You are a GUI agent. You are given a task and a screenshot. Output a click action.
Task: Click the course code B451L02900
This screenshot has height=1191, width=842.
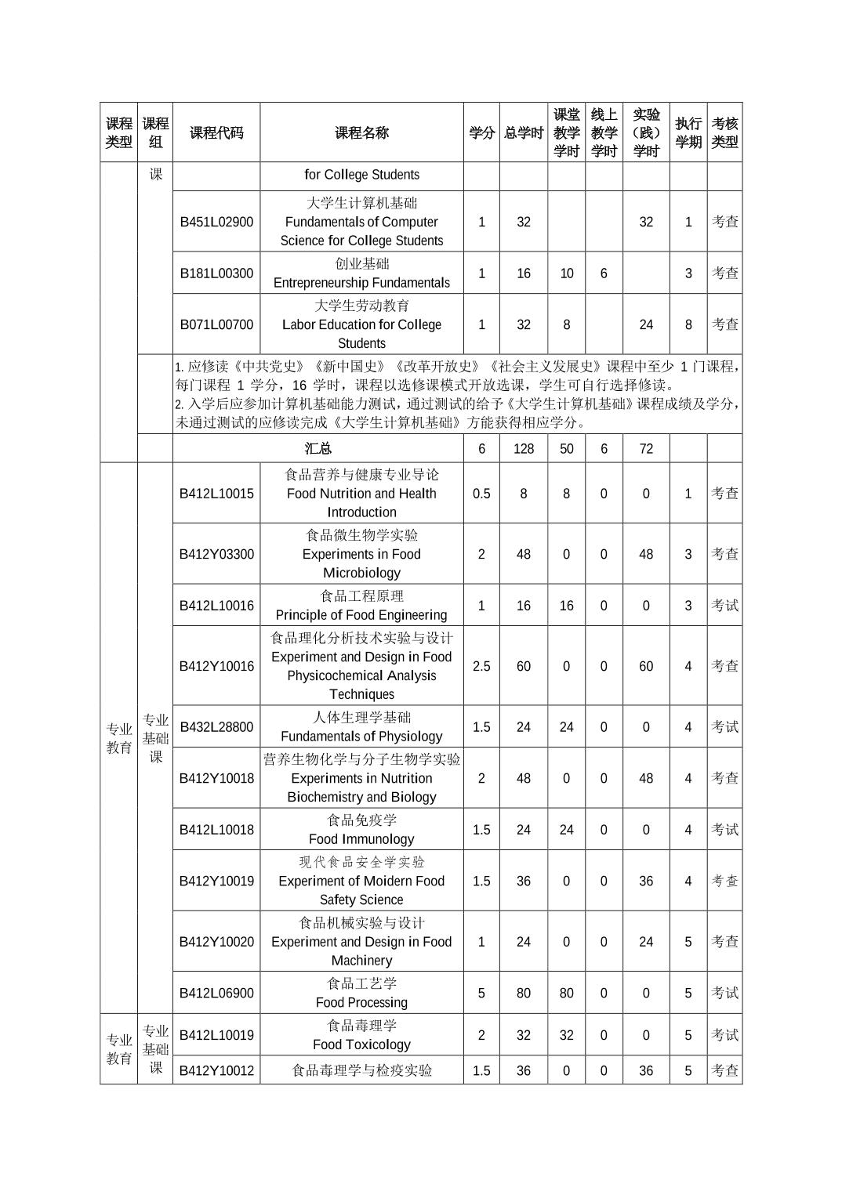point(216,222)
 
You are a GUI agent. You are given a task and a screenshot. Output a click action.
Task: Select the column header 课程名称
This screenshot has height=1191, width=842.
point(361,132)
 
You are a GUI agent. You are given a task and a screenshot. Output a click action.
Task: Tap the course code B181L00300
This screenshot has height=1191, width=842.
point(216,273)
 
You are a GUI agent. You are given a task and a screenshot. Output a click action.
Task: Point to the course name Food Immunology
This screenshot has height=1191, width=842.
point(361,838)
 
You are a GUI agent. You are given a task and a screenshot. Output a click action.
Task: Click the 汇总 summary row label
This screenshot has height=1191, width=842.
point(318,448)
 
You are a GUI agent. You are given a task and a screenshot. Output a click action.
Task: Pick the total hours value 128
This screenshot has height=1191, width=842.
point(524,448)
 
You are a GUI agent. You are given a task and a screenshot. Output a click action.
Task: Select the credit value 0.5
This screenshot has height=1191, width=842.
point(481,494)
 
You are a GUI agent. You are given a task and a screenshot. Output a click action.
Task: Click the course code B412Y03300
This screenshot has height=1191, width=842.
point(216,554)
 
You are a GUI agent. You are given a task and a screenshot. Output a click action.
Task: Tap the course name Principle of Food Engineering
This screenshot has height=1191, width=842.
point(361,615)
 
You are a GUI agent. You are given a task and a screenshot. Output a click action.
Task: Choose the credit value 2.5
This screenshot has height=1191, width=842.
point(481,666)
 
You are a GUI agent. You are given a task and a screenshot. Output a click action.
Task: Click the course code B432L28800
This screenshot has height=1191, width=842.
point(216,727)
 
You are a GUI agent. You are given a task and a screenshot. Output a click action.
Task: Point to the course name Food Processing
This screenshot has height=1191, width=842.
point(361,1002)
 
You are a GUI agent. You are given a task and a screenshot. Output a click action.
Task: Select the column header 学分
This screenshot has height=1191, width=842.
point(481,132)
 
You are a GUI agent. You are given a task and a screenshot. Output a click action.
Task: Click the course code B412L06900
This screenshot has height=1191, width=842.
point(216,993)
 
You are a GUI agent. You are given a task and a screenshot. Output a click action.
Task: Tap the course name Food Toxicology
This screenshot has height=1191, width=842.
point(361,1044)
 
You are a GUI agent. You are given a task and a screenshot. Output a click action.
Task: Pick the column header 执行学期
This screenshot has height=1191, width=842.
point(688,132)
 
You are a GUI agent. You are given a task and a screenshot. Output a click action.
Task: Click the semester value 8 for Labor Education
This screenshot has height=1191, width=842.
point(688,324)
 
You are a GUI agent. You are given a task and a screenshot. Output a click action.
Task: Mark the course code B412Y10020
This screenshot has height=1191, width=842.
point(216,942)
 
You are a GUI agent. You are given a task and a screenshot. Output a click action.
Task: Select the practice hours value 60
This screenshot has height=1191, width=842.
point(646,666)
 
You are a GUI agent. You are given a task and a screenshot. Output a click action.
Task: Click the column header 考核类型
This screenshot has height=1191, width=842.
point(724,132)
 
